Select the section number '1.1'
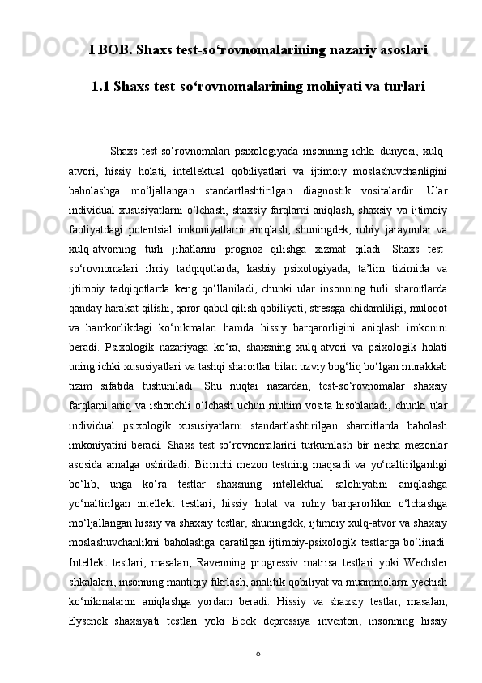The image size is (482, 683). [x=101, y=84]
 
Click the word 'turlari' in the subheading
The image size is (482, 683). [x=400, y=84]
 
